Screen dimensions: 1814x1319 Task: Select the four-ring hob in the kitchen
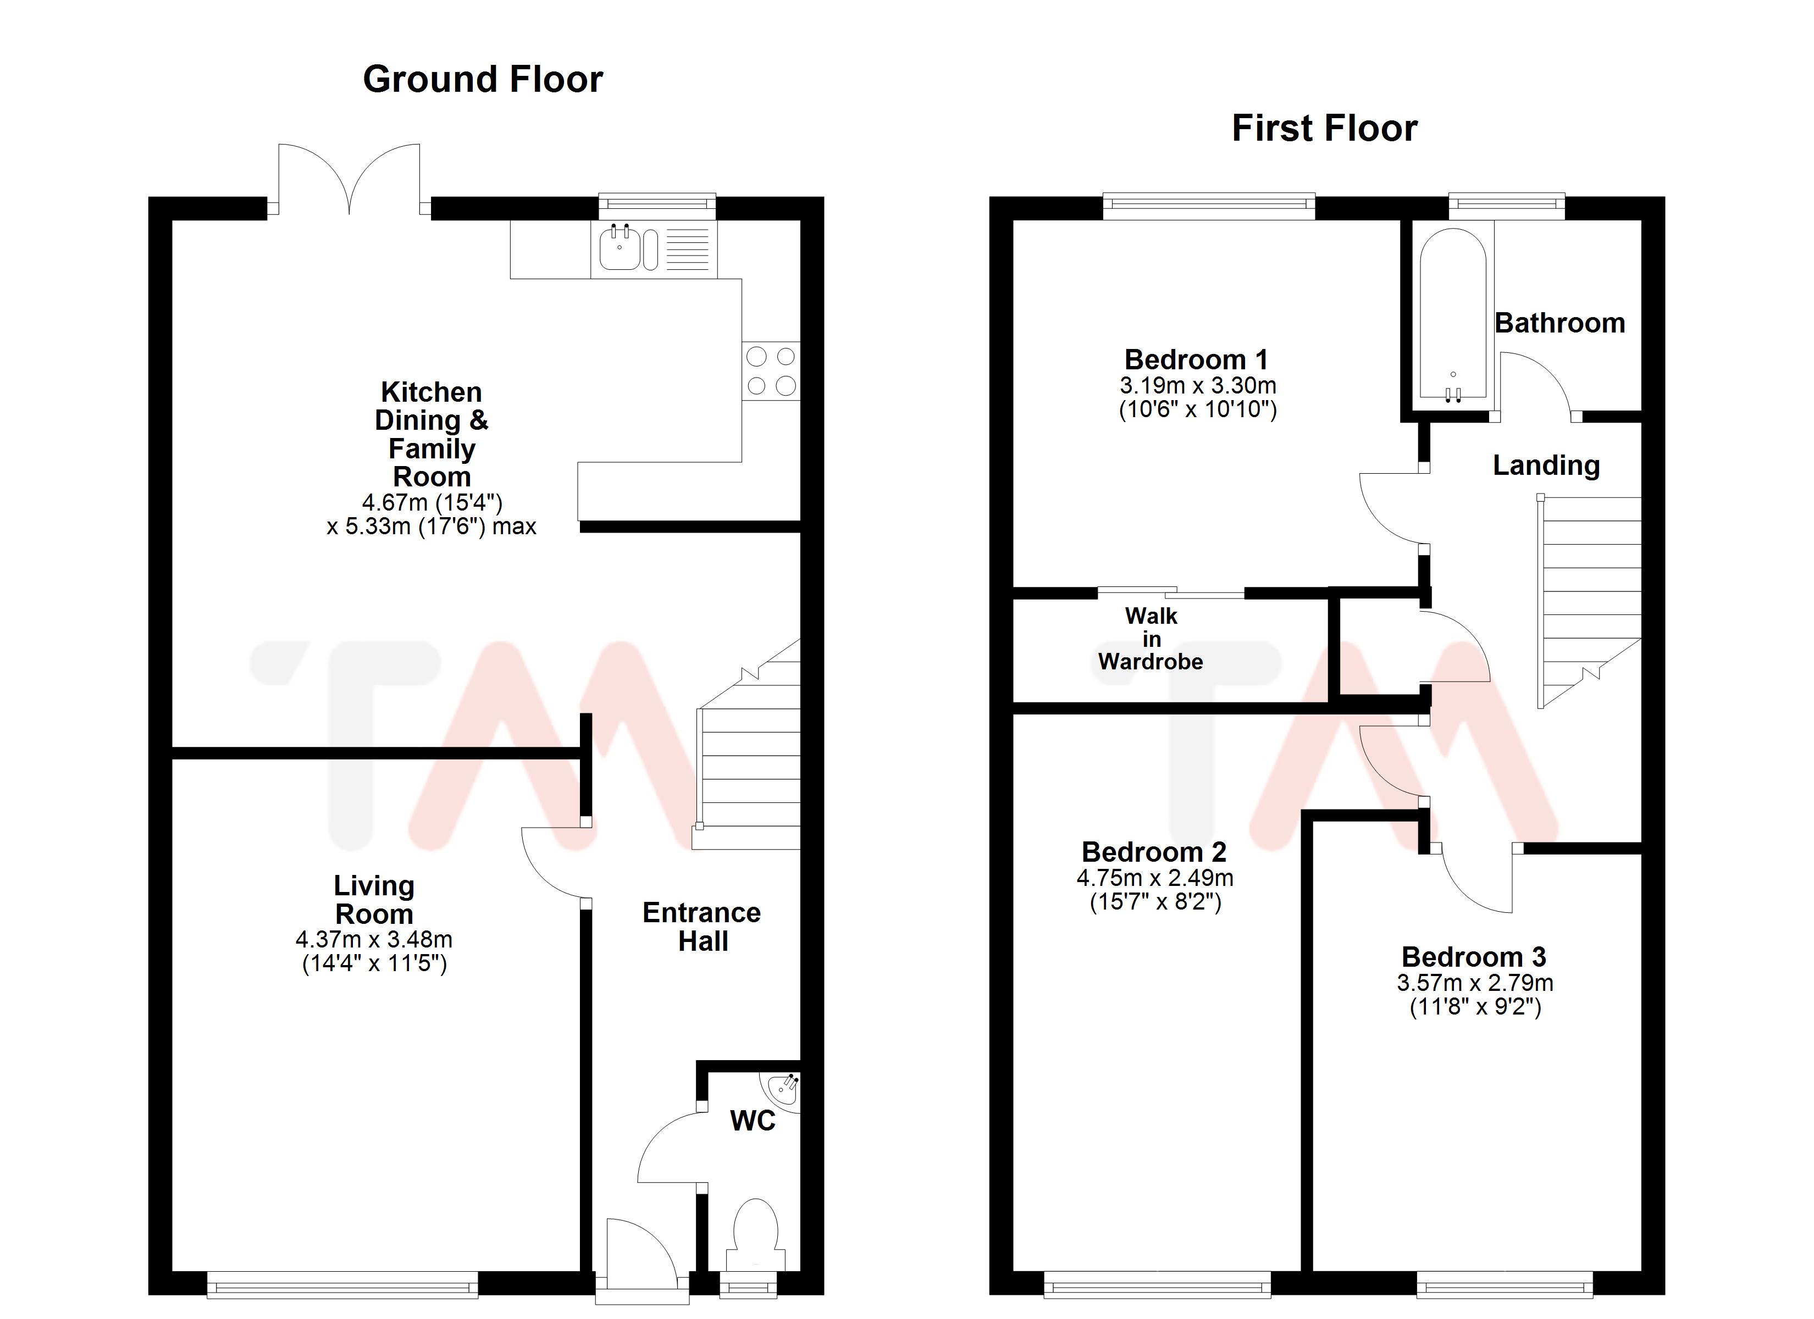[770, 371]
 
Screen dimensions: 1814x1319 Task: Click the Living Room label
[373, 899]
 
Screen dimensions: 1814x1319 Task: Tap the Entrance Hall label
[701, 926]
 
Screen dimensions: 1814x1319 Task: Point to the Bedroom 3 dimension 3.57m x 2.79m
[1474, 982]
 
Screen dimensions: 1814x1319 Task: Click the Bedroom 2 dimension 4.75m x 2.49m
[1154, 878]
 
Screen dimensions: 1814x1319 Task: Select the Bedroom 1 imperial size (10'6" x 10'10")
[1197, 409]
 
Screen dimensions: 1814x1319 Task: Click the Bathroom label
[1559, 323]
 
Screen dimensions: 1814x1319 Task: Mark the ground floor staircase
[748, 760]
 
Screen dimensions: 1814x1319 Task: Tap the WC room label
[752, 1121]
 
